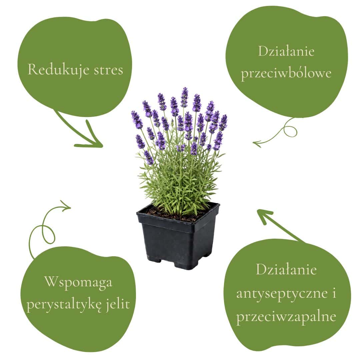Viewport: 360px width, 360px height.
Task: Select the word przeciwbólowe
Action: point(286,73)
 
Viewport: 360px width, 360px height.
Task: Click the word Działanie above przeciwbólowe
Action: point(286,52)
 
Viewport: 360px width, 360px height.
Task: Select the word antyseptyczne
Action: point(282,293)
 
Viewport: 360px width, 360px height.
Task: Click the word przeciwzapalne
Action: point(286,316)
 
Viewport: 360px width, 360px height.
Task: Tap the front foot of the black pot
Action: point(182,265)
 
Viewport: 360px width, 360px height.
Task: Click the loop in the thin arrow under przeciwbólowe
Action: point(291,130)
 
